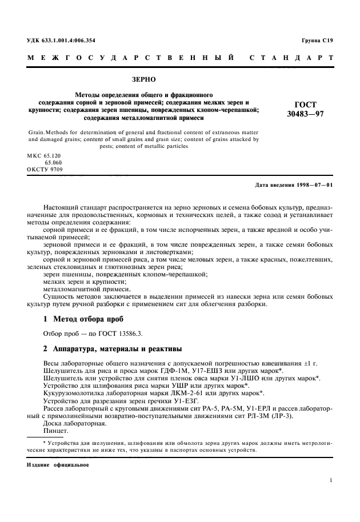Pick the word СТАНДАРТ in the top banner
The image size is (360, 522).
[x=291, y=58]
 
